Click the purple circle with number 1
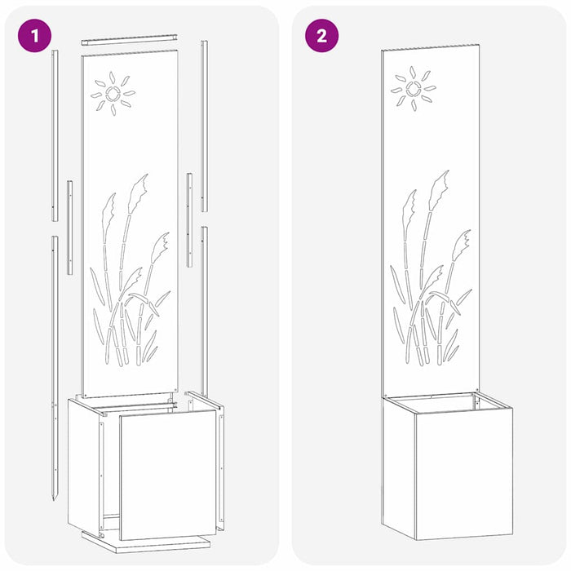pyautogui.click(x=34, y=36)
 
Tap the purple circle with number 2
pyautogui.click(x=321, y=36)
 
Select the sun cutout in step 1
pyautogui.click(x=113, y=94)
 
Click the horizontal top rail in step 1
pyautogui.click(x=129, y=38)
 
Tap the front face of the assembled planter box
pyautogui.click(x=463, y=473)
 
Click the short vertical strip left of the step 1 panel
pyautogui.click(x=69, y=216)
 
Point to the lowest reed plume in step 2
pyautogui.click(x=462, y=241)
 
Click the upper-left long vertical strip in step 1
pyautogui.click(x=55, y=135)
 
